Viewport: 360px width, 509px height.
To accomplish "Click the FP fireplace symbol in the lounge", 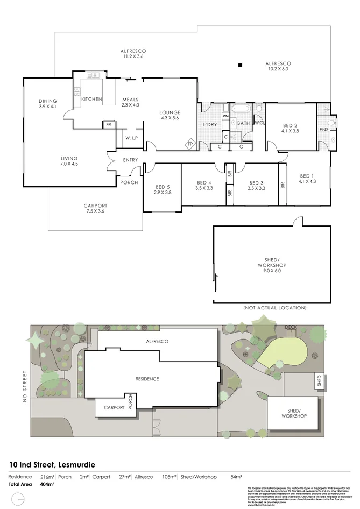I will [190, 144].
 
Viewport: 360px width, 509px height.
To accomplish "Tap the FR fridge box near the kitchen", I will [108, 125].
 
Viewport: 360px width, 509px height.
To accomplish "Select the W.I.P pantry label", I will [132, 138].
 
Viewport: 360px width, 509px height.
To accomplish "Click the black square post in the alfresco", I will [240, 66].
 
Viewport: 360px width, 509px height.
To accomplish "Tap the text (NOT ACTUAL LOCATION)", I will [274, 308].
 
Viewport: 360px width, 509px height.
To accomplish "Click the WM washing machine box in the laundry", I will [226, 116].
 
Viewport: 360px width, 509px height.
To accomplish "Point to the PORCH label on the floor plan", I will [129, 182].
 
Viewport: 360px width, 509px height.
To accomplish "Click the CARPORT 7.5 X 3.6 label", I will [95, 208].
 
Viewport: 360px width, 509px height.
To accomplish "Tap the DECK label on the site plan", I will [291, 327].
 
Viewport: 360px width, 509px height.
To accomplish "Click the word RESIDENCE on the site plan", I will [146, 379].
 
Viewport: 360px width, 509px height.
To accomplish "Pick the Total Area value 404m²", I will [48, 484].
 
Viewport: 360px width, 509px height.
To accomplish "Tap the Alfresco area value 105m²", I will [170, 477].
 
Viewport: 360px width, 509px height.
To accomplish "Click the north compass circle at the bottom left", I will [18, 500].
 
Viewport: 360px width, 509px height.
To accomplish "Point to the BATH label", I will [244, 123].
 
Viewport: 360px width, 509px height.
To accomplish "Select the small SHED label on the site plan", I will [319, 380].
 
